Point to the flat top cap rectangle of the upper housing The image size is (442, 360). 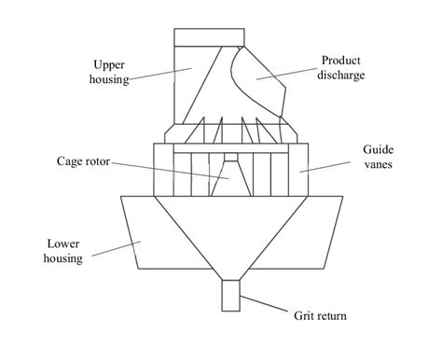coord(210,37)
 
